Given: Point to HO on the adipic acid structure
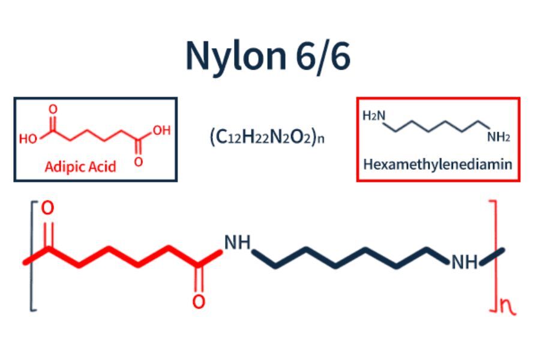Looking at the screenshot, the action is pyautogui.click(x=28, y=139).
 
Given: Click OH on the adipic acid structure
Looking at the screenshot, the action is pyautogui.click(x=161, y=130).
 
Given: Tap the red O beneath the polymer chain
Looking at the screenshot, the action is pyautogui.click(x=199, y=301).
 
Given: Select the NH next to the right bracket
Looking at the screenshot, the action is pyautogui.click(x=464, y=262).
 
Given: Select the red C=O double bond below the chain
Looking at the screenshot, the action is pyautogui.click(x=199, y=278).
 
